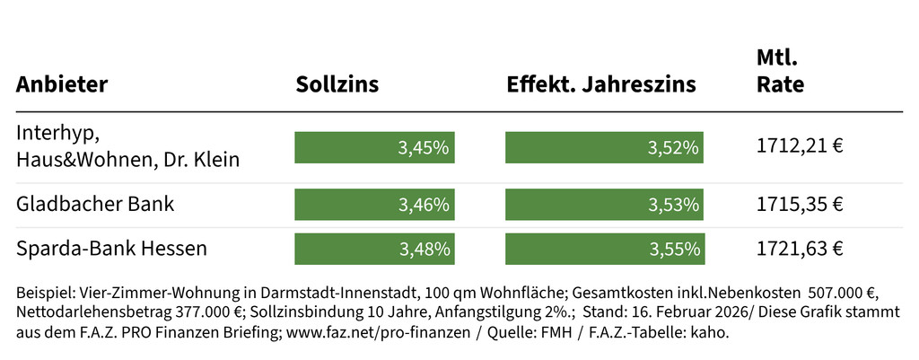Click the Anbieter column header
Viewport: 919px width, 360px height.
pos(62,84)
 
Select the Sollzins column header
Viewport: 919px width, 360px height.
pos(337,84)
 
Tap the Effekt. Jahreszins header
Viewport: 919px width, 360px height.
pos(601,84)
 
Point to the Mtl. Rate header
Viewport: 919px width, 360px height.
pos(780,73)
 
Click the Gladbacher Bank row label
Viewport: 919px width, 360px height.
pos(95,204)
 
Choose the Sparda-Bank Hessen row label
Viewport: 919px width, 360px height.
pos(111,248)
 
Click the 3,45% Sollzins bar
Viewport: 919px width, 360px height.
pos(374,147)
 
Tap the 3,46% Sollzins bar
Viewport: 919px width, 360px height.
pos(374,205)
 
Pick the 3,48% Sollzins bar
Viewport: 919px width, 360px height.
pos(374,249)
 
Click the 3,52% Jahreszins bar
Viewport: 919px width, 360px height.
pos(604,147)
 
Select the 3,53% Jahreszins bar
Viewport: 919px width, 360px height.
pos(604,205)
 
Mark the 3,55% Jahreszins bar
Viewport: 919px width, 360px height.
pos(604,249)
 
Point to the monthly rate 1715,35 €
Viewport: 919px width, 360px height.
pos(800,205)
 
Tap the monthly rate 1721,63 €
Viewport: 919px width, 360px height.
pos(800,249)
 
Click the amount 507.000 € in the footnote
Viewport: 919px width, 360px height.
pos(846,293)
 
